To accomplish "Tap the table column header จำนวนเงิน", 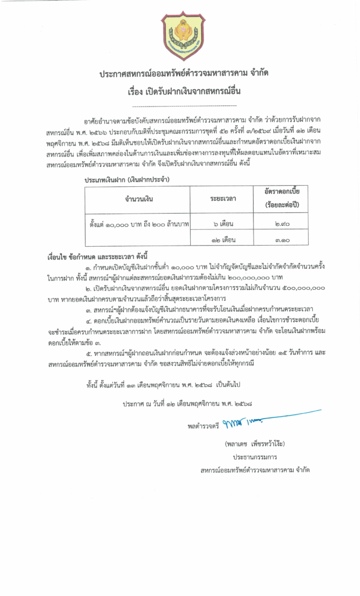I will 138,199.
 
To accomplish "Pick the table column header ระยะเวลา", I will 223,199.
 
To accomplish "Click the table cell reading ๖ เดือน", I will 223,223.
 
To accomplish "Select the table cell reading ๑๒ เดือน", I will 223,239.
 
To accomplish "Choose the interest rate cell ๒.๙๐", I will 283,223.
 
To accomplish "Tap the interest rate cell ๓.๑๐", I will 283,239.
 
